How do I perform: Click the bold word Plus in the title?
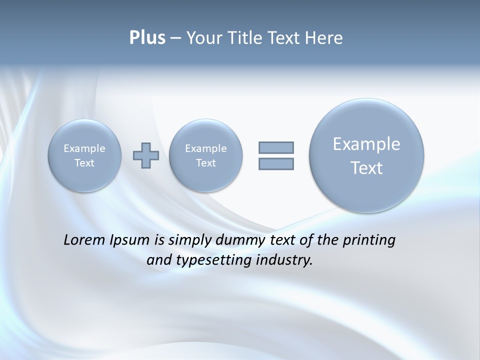[147, 38]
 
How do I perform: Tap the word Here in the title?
[324, 38]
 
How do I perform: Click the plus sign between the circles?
[146, 155]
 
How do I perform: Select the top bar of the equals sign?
[276, 147]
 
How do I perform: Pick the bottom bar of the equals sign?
[276, 163]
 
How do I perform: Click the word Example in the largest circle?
[366, 144]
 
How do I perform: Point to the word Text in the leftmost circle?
[84, 163]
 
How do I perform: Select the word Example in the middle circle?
[205, 148]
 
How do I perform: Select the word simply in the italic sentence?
[190, 240]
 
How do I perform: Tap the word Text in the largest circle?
[366, 168]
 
